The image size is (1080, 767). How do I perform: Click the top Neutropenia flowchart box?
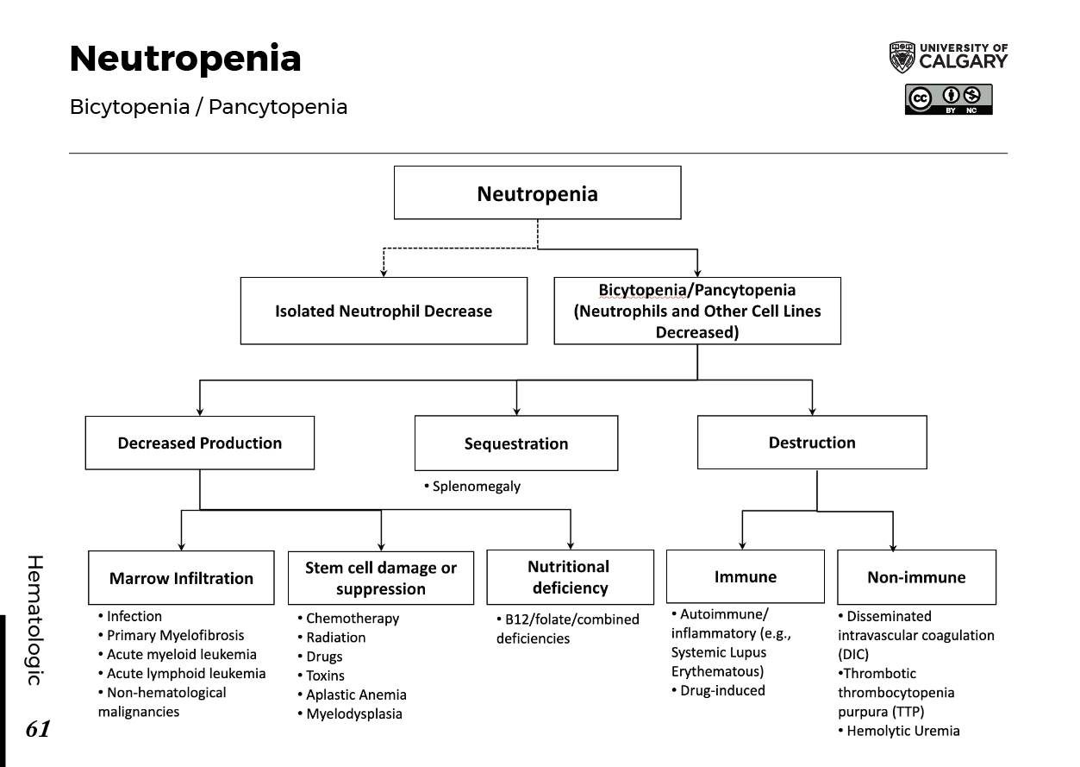click(537, 192)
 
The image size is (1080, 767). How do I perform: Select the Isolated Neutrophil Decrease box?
click(384, 311)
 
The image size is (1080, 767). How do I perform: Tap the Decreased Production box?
click(200, 443)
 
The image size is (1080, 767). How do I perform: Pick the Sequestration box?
click(515, 443)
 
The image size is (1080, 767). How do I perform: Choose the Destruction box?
click(812, 442)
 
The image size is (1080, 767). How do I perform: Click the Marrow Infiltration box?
click(181, 577)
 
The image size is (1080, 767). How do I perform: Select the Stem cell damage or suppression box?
click(381, 578)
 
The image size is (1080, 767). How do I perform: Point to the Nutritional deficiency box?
click(569, 577)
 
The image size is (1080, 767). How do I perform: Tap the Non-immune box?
click(916, 576)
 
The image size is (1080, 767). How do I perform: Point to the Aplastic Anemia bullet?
click(357, 695)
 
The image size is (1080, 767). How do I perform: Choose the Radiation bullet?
click(336, 638)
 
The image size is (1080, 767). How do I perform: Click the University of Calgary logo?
click(947, 56)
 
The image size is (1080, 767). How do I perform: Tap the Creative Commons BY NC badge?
click(947, 98)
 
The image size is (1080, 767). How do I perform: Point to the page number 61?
click(38, 730)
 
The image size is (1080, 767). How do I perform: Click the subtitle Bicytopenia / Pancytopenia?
click(209, 107)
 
